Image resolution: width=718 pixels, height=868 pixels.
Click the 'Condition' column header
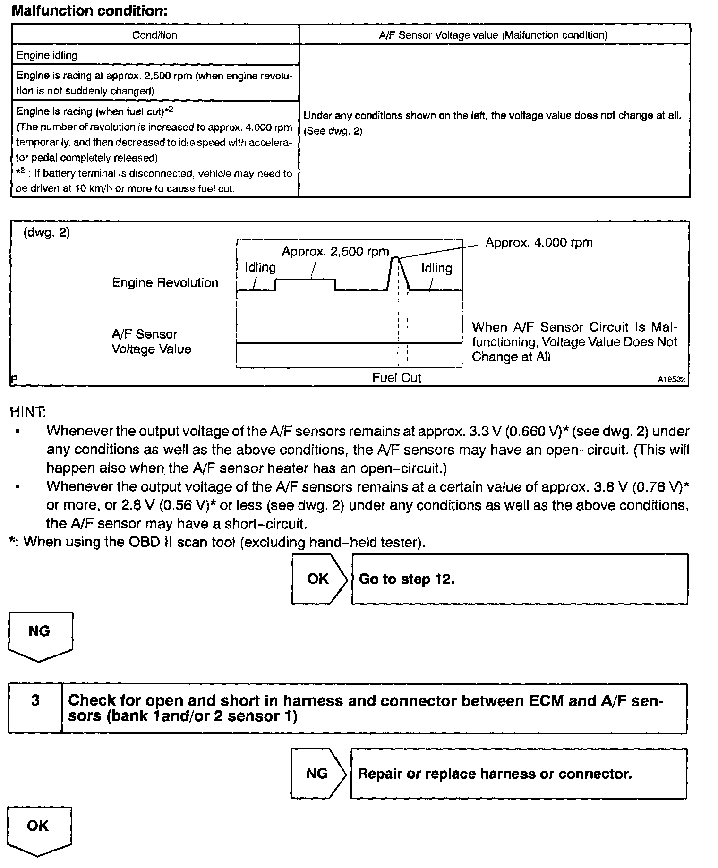coord(154,35)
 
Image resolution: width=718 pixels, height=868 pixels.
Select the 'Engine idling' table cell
coord(47,55)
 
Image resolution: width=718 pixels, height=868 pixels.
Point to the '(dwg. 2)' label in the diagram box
coord(47,233)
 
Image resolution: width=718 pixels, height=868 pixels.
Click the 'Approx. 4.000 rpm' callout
coord(538,243)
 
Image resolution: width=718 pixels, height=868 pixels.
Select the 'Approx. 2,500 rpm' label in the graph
coord(335,252)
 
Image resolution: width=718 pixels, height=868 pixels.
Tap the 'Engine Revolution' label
coord(165,283)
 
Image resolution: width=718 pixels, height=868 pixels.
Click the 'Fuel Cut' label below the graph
coord(396,378)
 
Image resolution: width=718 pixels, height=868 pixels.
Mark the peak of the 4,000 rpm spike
coord(395,258)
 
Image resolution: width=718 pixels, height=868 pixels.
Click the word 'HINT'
coord(27,412)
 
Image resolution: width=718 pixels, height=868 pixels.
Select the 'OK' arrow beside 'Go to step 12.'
coord(319,579)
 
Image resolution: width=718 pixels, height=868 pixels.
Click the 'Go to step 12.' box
coord(519,579)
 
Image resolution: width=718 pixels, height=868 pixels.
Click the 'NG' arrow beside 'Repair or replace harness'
coord(317,773)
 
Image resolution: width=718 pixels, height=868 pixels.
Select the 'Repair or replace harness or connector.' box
coord(518,774)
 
